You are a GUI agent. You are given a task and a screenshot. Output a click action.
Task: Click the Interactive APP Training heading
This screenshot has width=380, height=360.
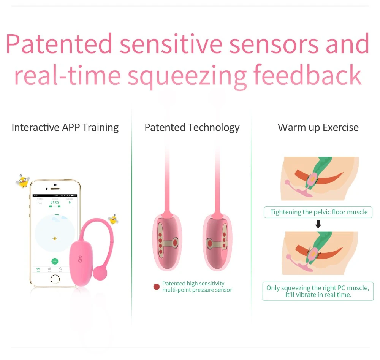(65, 127)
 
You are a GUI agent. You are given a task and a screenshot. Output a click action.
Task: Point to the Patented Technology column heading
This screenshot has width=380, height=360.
(192, 127)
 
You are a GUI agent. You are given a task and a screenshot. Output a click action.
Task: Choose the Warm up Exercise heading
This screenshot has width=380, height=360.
(318, 127)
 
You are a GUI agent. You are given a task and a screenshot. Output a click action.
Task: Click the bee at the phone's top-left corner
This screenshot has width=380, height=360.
(23, 181)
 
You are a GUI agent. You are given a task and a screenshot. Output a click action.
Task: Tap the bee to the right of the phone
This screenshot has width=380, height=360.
(113, 219)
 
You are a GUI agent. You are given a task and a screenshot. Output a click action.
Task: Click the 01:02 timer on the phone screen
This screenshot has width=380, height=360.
(55, 203)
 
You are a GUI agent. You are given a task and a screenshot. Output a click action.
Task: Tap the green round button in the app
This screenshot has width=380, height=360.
(55, 261)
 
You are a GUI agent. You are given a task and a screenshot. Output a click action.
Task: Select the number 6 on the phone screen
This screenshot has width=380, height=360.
(70, 203)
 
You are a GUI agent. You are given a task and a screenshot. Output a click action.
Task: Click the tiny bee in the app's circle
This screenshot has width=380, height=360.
(55, 238)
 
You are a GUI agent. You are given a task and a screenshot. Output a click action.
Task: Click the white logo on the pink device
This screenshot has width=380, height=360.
(80, 259)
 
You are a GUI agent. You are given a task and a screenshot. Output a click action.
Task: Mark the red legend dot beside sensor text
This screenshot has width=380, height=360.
(156, 287)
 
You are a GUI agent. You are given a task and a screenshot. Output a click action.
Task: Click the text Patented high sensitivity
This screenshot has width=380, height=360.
(193, 284)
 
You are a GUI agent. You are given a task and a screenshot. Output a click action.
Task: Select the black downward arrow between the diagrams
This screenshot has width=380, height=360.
(318, 224)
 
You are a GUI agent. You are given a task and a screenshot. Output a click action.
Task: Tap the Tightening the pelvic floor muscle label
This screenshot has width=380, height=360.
(318, 212)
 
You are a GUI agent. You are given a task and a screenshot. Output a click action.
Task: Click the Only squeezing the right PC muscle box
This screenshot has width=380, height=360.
(318, 291)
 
